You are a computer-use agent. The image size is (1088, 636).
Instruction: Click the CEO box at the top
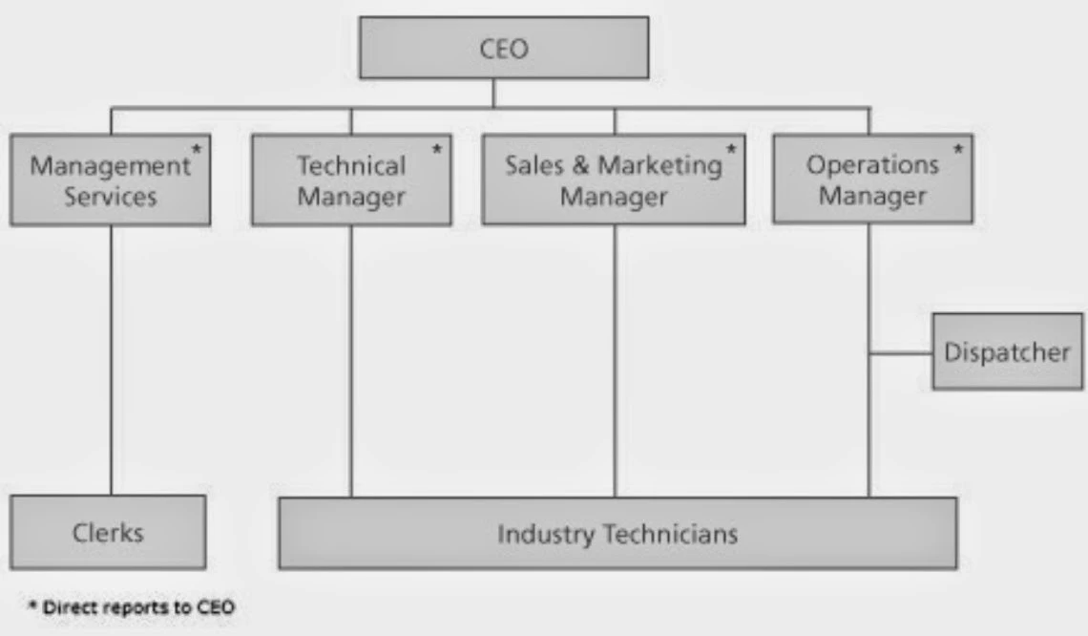(x=503, y=49)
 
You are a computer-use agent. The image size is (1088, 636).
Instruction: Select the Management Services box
(x=110, y=180)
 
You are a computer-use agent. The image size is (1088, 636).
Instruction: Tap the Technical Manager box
(x=351, y=180)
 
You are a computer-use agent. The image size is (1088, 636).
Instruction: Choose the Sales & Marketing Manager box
(x=613, y=180)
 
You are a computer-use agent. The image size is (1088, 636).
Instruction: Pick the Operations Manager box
(x=872, y=180)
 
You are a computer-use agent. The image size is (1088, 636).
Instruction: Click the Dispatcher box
(x=1007, y=351)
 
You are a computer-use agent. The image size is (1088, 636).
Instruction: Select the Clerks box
(x=108, y=532)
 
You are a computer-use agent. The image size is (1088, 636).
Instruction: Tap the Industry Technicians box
(x=617, y=533)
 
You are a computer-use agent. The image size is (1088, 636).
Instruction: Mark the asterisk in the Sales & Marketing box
(x=732, y=150)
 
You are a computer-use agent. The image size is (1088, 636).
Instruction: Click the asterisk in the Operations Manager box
(x=958, y=150)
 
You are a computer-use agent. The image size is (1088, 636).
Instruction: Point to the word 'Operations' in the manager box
(x=872, y=165)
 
